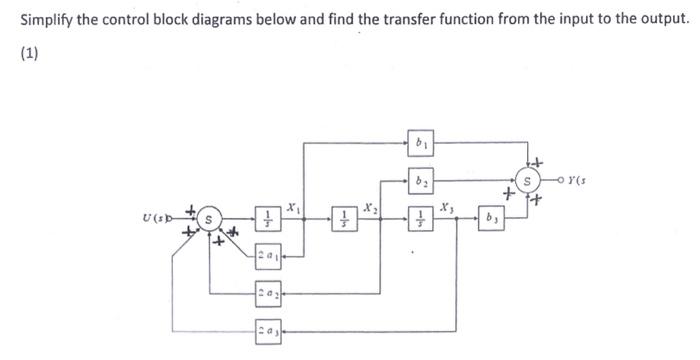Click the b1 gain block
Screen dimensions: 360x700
tap(422, 144)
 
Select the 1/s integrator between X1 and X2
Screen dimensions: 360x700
tap(342, 218)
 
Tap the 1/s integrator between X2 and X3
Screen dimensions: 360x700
tap(422, 218)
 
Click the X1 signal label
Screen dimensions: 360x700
tap(291, 205)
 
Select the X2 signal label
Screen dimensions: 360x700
tap(370, 205)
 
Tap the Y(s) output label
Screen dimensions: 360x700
tap(579, 182)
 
